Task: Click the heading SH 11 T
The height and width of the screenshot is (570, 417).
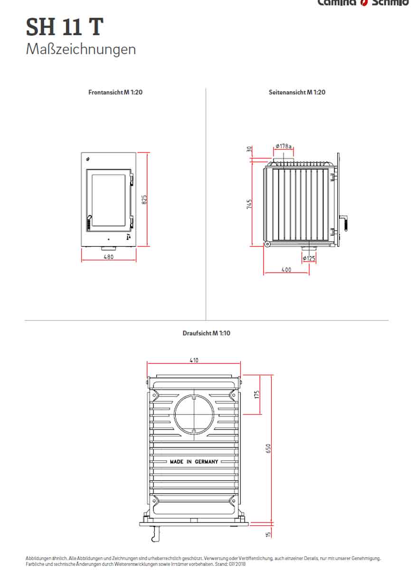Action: coord(64,27)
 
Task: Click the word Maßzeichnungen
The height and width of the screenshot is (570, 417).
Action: coord(81,49)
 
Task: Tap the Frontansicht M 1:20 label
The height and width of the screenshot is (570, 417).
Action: coord(115,92)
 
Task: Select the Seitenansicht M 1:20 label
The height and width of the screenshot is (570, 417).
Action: coord(297,92)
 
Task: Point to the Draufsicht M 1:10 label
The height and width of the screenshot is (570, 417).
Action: coord(206,333)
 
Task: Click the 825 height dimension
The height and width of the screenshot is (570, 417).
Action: coord(144,199)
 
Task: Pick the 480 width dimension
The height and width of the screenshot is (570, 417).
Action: coord(109,257)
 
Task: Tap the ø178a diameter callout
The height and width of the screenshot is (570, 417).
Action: coord(283,146)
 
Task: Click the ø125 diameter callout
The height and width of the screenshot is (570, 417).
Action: coord(309,258)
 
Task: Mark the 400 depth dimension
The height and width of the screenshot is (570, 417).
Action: coord(286,270)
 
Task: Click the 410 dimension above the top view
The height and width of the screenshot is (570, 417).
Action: coord(194,361)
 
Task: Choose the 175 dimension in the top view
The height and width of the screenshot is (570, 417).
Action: coord(256,394)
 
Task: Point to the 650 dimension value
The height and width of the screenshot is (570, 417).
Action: coord(268,448)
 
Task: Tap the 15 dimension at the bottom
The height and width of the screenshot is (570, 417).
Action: coord(268,534)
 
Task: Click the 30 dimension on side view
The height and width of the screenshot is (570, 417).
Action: coord(249,149)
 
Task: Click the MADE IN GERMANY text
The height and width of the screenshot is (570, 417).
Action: coord(194,462)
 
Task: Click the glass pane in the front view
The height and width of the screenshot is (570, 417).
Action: coord(109,200)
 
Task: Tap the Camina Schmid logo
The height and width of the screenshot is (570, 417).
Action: coord(363,3)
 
